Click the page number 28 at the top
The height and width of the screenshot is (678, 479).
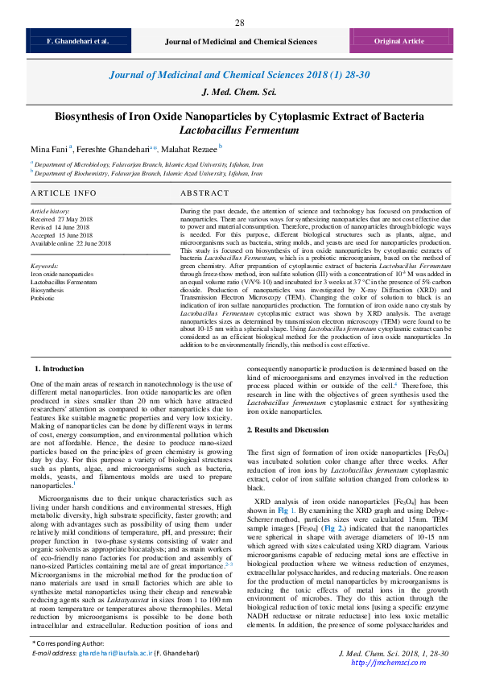point(239,23)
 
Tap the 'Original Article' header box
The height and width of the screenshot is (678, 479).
point(398,40)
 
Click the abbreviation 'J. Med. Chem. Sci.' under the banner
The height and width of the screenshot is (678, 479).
point(239,92)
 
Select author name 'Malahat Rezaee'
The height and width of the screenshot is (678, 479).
point(190,149)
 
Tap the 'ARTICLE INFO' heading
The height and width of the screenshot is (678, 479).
point(64,194)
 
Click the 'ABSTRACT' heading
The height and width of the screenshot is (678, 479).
point(204,194)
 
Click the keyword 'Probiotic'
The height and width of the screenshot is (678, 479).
point(43,298)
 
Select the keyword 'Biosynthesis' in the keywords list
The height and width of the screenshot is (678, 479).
point(48,290)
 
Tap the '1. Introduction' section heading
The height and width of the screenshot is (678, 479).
point(63,368)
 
